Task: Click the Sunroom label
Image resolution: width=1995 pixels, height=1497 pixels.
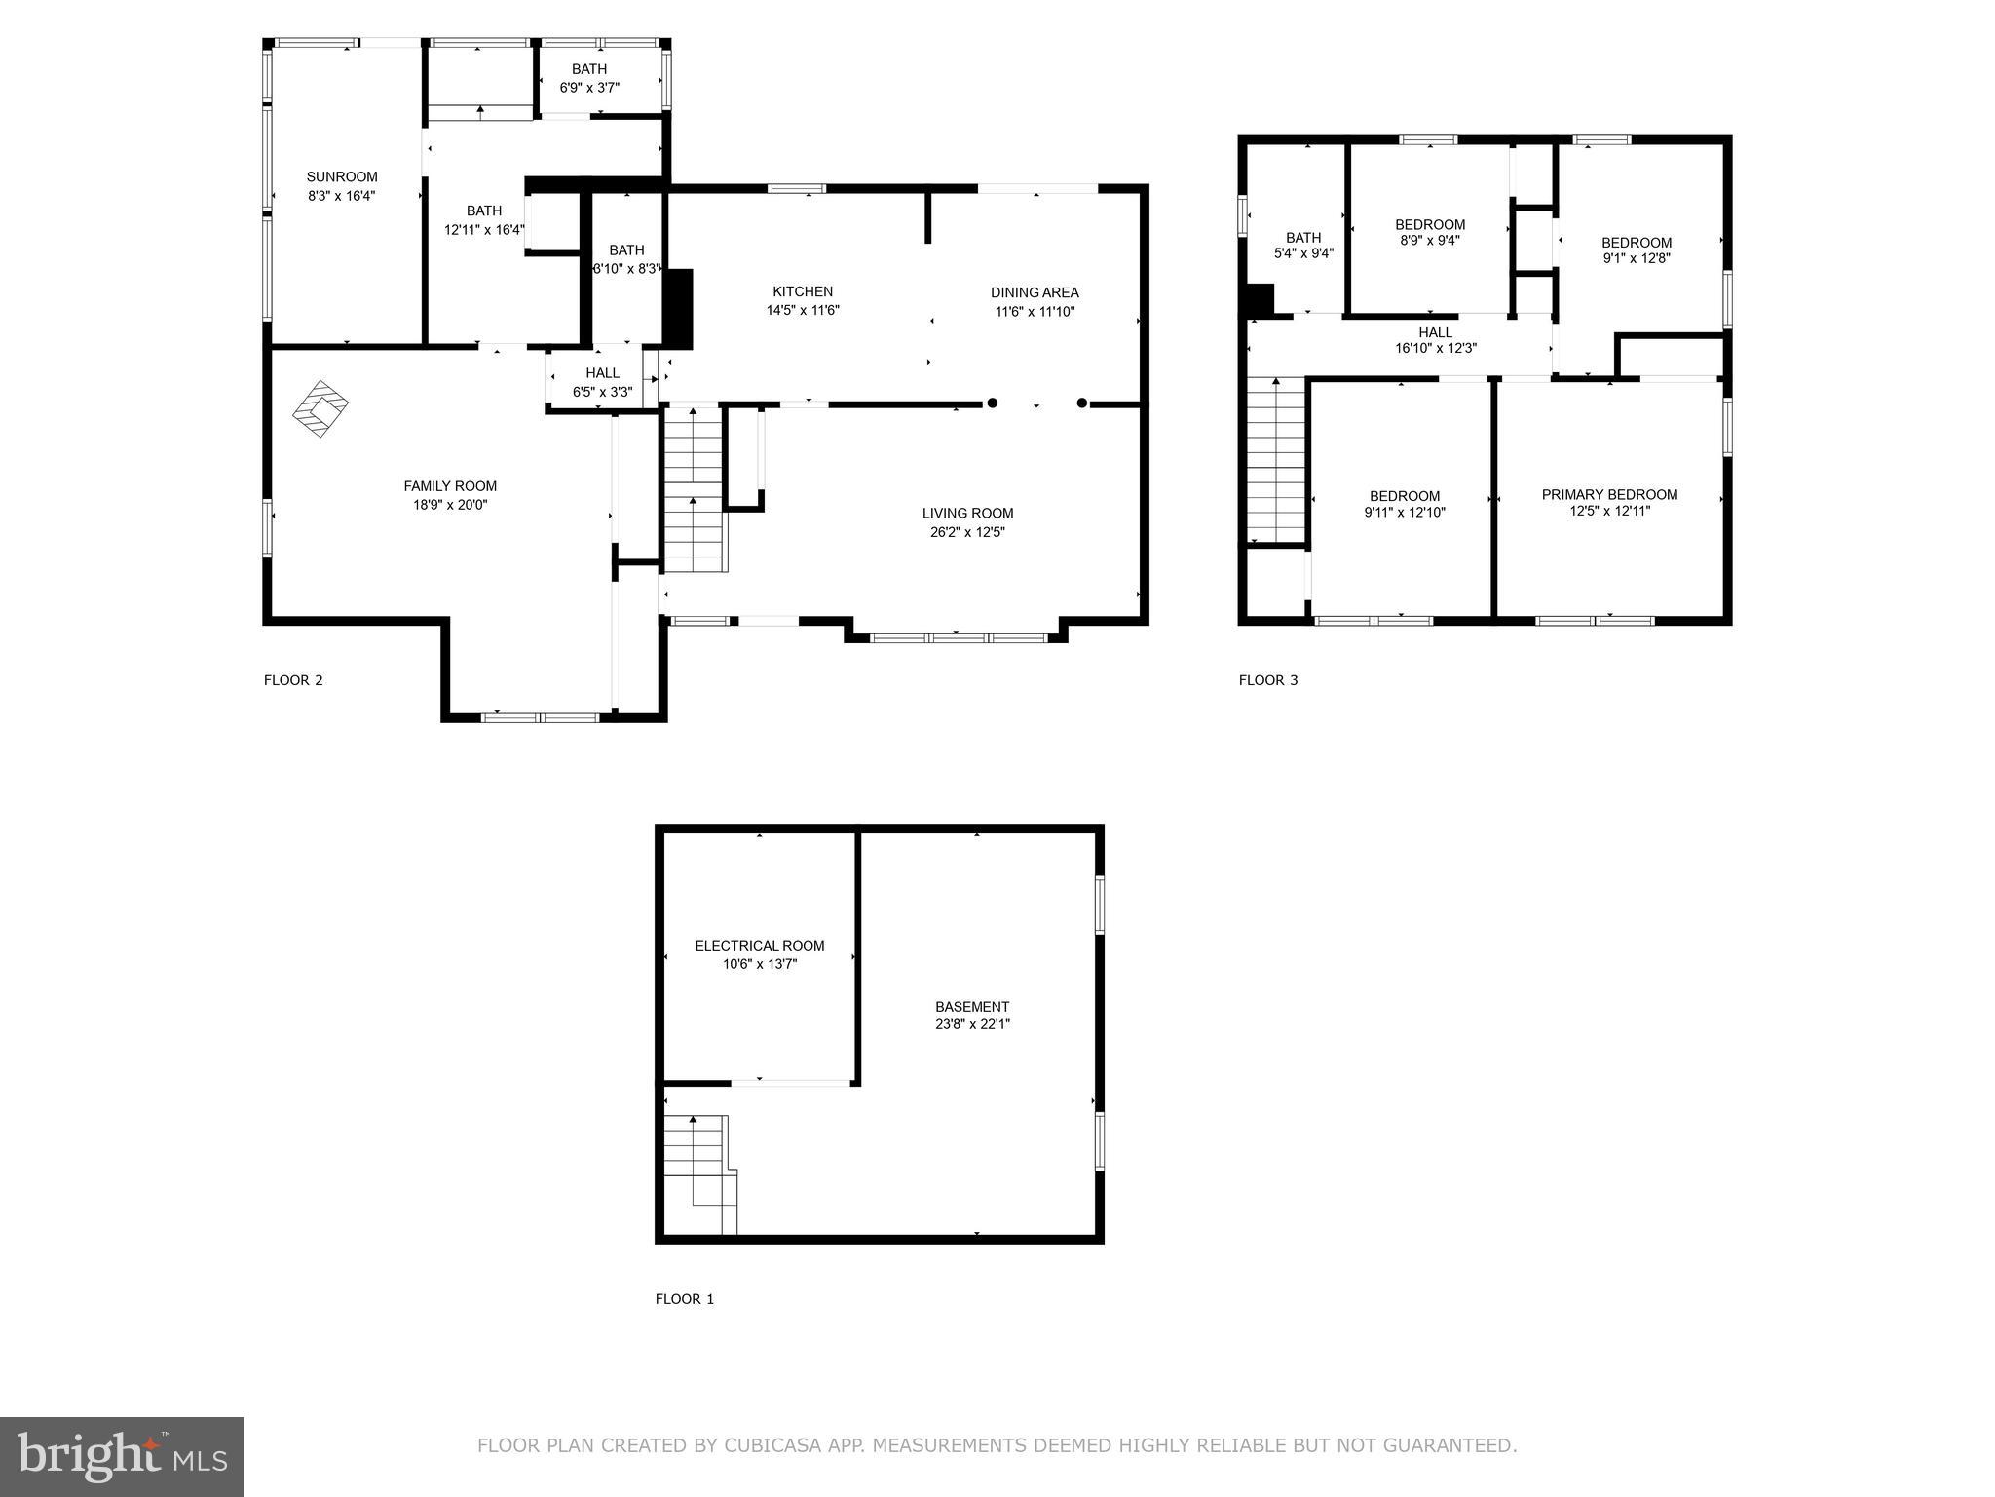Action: pyautogui.click(x=342, y=176)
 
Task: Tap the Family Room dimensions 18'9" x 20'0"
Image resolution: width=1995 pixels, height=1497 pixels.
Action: pyautogui.click(x=450, y=505)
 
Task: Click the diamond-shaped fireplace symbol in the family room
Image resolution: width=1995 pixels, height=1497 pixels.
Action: pyautogui.click(x=320, y=407)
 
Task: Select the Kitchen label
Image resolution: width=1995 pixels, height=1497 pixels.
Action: pyautogui.click(x=803, y=291)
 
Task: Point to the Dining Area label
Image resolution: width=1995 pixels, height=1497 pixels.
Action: pyautogui.click(x=1035, y=292)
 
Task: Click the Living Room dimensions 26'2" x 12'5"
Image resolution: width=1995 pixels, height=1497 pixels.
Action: pyautogui.click(x=967, y=532)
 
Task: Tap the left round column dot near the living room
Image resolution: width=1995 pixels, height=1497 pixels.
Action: pyautogui.click(x=993, y=403)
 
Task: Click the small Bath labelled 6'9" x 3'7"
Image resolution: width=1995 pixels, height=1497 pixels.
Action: pyautogui.click(x=589, y=78)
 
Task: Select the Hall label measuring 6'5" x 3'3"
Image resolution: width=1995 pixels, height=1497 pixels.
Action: pyautogui.click(x=602, y=373)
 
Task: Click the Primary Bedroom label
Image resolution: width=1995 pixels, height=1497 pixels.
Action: pyautogui.click(x=1609, y=494)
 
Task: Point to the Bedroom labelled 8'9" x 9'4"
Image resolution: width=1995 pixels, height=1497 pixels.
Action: pyautogui.click(x=1430, y=232)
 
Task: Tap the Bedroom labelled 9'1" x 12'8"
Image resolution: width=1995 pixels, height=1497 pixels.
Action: pyautogui.click(x=1637, y=250)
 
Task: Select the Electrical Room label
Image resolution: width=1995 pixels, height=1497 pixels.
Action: pyautogui.click(x=760, y=945)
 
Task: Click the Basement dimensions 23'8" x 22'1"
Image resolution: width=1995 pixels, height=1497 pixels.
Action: pyautogui.click(x=971, y=1024)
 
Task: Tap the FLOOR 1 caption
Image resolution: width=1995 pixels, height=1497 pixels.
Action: pyautogui.click(x=684, y=1298)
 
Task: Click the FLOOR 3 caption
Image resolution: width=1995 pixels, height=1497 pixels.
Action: pyautogui.click(x=1268, y=680)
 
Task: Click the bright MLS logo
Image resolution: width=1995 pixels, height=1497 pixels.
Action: pyautogui.click(x=122, y=1456)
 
